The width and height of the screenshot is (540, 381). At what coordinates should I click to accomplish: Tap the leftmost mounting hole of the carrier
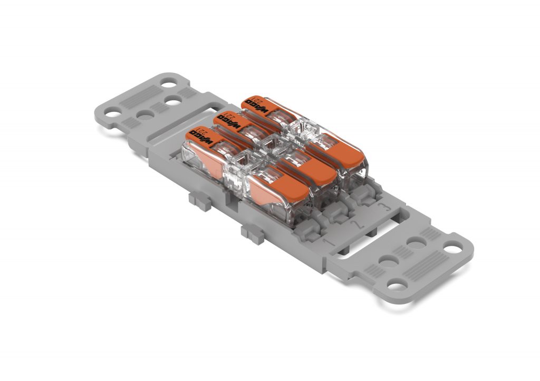[x=112, y=112]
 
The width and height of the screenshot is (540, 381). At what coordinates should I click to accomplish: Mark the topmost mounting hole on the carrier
[x=169, y=83]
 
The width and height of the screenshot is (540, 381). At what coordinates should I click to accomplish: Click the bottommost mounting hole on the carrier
[x=394, y=285]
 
